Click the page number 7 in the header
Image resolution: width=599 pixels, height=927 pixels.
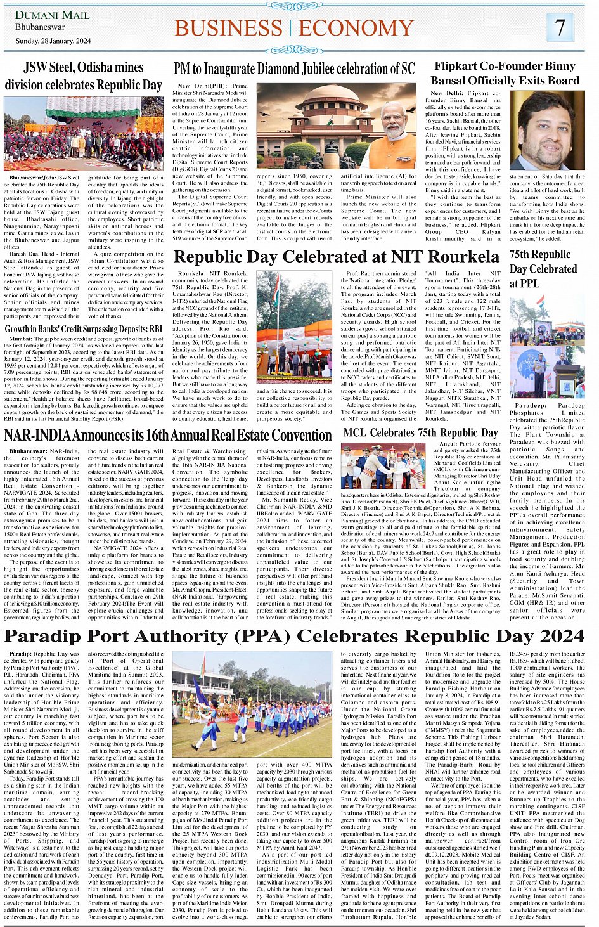[x=560, y=27]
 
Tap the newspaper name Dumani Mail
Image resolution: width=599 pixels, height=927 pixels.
[x=53, y=15]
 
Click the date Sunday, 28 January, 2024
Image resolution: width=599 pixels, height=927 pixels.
[x=53, y=41]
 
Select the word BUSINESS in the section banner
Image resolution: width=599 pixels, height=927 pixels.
[x=229, y=29]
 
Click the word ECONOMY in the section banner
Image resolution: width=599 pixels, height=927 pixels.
[x=357, y=29]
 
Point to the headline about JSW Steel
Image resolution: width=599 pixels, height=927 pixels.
[x=84, y=76]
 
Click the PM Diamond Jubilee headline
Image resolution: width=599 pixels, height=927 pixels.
[x=294, y=69]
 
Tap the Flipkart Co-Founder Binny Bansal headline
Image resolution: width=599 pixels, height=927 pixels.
[x=505, y=73]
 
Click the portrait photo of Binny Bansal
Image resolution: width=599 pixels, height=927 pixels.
[x=546, y=130]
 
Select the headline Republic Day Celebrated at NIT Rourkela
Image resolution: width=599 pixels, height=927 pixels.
[x=336, y=257]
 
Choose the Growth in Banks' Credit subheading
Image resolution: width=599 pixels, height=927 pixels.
[x=84, y=329]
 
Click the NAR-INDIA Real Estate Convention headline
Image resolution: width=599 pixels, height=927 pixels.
[x=168, y=436]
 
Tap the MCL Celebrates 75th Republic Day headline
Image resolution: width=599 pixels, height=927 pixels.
[x=420, y=433]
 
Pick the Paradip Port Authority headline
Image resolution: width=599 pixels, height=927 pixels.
[x=294, y=636]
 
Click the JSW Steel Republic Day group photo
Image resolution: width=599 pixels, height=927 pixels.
[x=83, y=133]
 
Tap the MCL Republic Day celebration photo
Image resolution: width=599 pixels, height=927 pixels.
[x=383, y=466]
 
